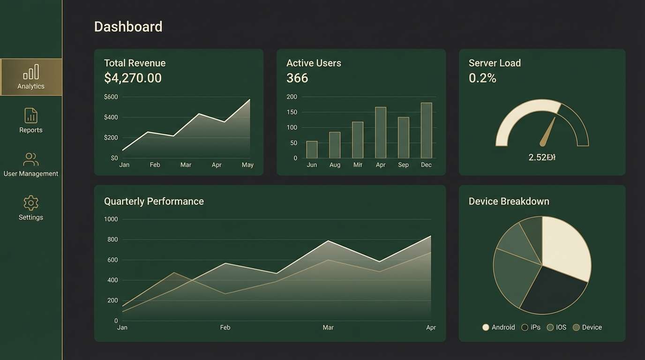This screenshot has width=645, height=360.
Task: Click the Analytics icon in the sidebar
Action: [31, 72]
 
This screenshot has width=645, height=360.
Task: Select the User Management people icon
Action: [31, 159]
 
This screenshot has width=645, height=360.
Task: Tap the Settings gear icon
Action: [31, 203]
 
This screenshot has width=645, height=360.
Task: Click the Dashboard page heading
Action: [128, 27]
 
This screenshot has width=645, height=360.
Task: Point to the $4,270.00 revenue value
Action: [133, 78]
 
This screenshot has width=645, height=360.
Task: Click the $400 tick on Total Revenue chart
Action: [111, 117]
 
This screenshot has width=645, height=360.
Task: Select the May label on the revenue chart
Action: [247, 165]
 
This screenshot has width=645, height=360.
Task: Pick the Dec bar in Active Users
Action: [426, 130]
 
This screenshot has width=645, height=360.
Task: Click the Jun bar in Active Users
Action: [312, 150]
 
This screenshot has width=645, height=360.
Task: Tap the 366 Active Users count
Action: [297, 78]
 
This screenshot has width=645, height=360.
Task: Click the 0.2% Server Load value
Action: [482, 78]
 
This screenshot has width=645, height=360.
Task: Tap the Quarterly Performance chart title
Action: [154, 202]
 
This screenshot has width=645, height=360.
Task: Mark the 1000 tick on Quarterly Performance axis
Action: [111, 219]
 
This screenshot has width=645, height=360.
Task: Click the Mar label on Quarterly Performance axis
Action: [328, 327]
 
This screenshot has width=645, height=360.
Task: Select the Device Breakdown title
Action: [509, 202]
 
